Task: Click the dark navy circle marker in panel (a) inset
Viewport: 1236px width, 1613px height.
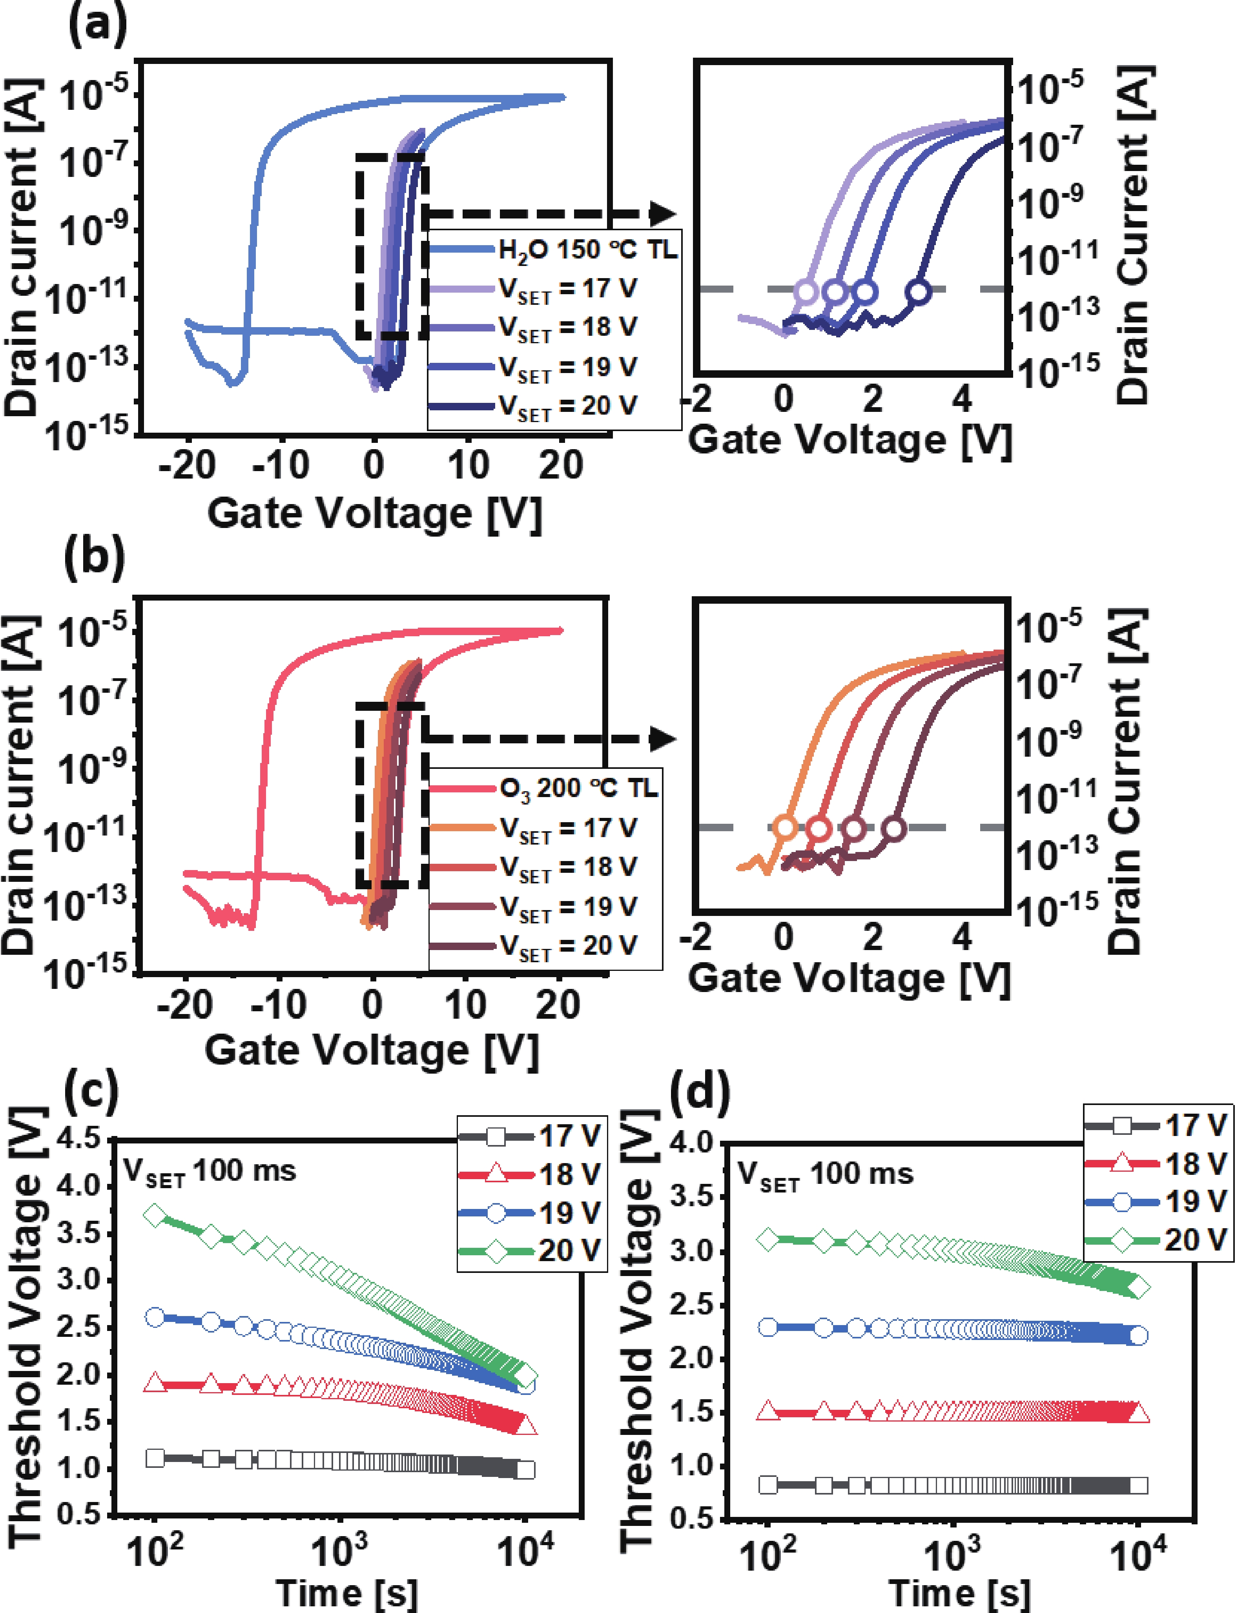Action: (918, 291)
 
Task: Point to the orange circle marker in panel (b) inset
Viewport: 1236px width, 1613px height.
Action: (786, 827)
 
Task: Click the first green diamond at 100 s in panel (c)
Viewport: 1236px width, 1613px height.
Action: (155, 1215)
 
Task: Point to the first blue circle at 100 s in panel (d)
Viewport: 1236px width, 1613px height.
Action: (768, 1327)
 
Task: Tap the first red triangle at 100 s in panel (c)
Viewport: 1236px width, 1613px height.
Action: (155, 1383)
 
